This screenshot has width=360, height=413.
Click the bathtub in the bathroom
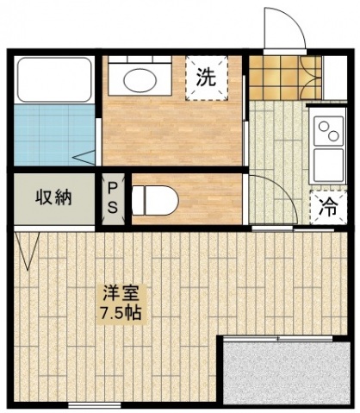(54, 80)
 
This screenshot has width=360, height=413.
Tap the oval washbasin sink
(140, 79)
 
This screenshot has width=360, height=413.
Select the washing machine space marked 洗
(207, 78)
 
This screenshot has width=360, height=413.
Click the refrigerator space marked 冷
(328, 208)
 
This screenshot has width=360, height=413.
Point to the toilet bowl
(155, 200)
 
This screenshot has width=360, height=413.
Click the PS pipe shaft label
(112, 199)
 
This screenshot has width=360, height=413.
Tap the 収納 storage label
(53, 197)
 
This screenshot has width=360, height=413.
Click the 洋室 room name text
(121, 293)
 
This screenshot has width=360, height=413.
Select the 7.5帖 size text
(121, 313)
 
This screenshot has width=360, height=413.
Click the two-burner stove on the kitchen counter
(329, 131)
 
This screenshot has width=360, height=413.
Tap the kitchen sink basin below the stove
(329, 165)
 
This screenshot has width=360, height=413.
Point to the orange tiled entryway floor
(285, 77)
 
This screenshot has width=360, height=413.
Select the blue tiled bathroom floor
(54, 135)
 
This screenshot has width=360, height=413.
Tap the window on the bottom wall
(95, 405)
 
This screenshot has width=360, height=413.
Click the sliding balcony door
(278, 338)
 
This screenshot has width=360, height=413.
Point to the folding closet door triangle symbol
(27, 251)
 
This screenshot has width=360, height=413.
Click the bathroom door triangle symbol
(84, 158)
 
